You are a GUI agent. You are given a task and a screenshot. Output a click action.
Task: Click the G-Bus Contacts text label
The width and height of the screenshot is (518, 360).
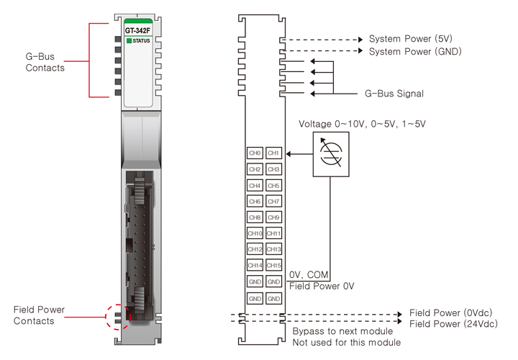[x=45, y=62]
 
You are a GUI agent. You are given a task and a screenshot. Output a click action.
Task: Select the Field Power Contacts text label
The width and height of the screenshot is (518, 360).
[x=40, y=315]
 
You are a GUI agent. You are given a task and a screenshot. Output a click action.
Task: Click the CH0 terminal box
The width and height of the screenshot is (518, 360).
[x=255, y=153]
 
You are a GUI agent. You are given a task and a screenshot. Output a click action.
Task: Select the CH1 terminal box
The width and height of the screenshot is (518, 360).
[x=273, y=153]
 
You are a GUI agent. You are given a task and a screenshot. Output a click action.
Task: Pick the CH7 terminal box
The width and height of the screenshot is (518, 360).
[x=273, y=202]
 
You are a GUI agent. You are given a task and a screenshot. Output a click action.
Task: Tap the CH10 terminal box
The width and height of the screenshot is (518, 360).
[x=255, y=233]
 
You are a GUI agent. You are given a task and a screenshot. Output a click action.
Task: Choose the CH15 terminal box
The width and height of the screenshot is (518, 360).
[x=273, y=266]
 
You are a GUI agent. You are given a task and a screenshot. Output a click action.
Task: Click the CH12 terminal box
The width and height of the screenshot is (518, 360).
[x=255, y=250]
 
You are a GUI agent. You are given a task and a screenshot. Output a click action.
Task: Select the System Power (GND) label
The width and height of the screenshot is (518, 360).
[x=415, y=51]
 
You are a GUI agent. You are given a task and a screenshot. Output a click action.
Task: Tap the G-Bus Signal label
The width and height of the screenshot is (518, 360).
[x=394, y=94]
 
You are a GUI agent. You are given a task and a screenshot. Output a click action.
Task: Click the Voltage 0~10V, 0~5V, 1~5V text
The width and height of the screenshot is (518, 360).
[x=363, y=124]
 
